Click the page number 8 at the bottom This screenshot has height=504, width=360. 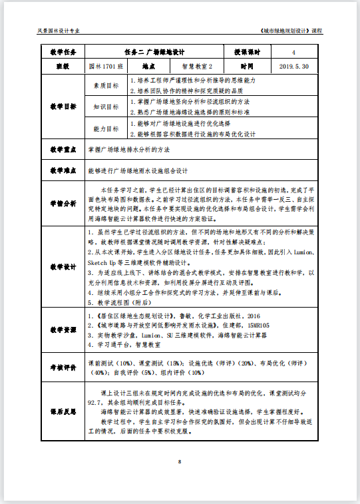[x=180, y=461]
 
